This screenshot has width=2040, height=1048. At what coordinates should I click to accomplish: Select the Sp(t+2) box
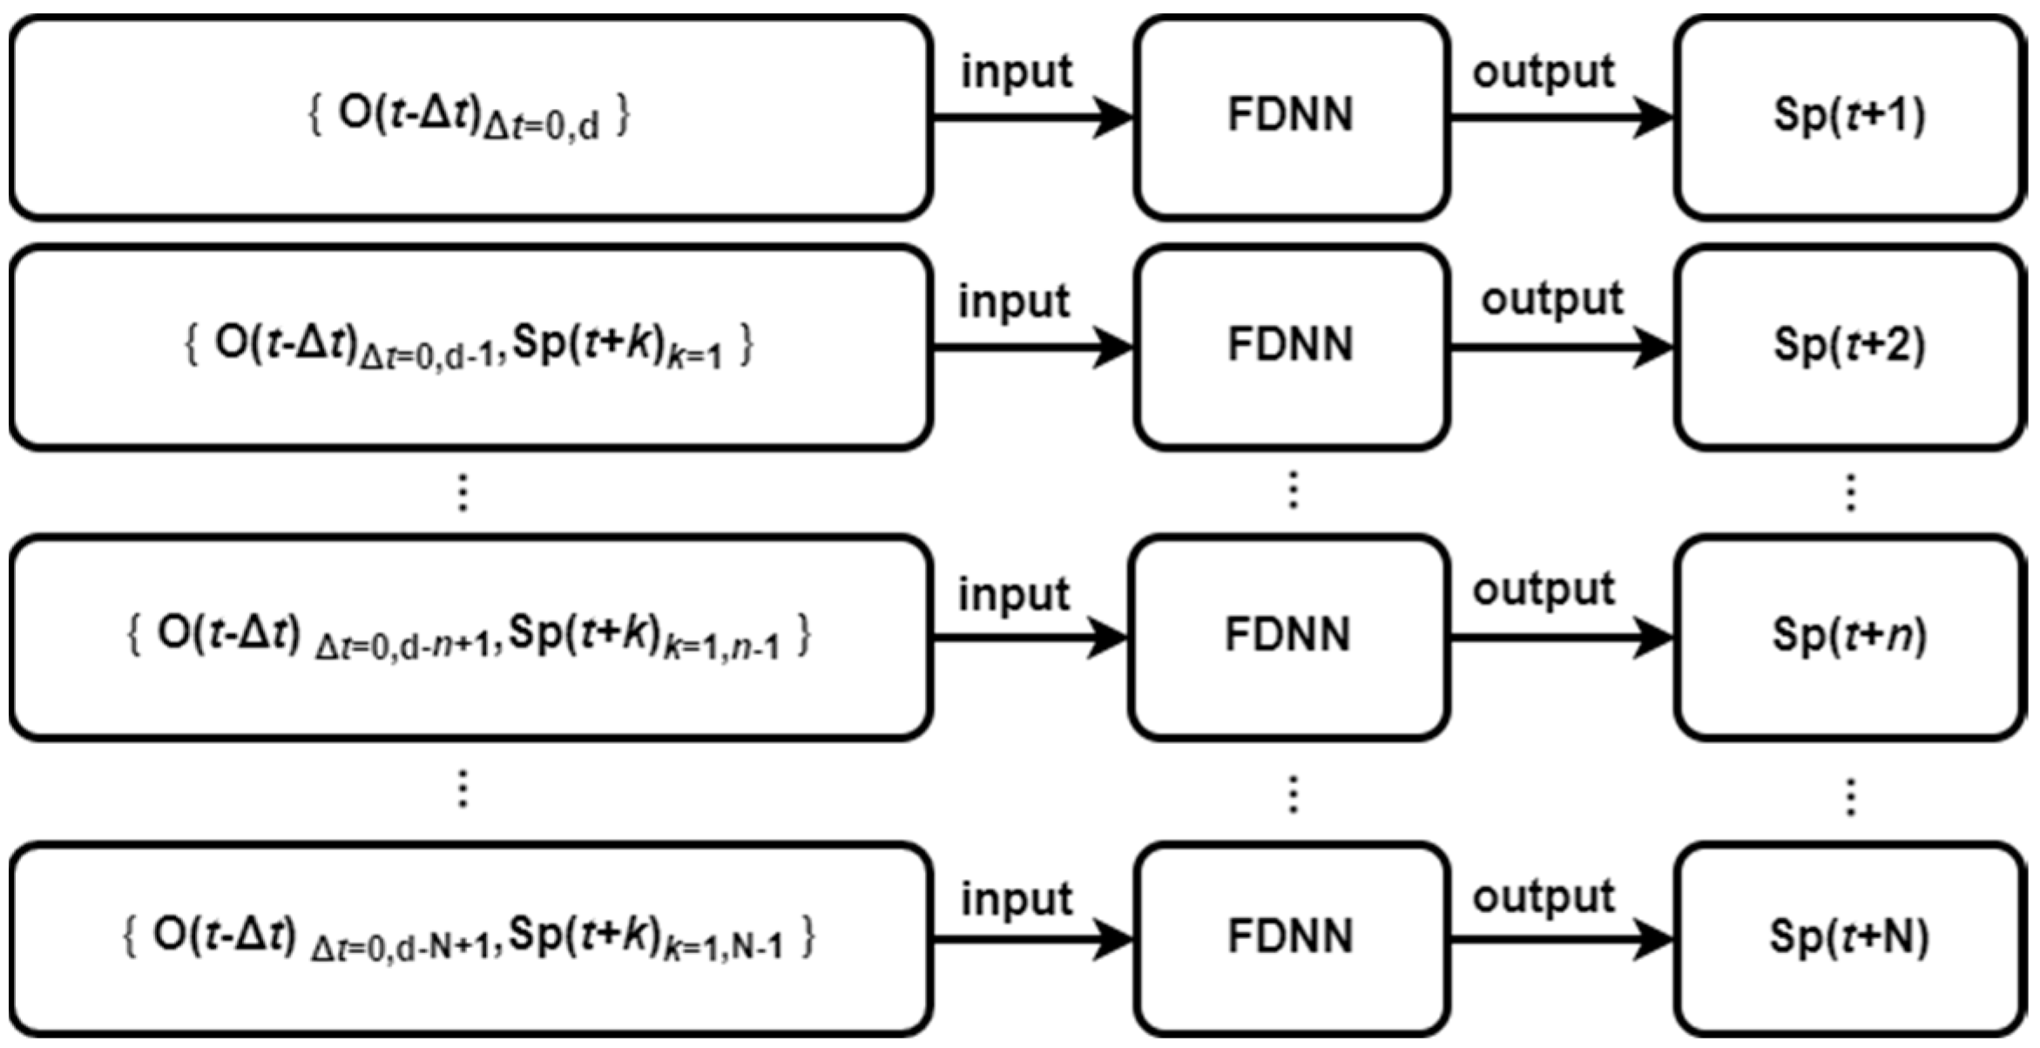(x=1848, y=346)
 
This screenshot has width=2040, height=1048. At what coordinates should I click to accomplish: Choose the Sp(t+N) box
(x=1848, y=939)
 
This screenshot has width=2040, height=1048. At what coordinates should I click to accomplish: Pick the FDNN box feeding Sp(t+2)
(x=1291, y=346)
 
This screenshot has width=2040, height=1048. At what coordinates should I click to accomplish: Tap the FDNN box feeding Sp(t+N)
(x=1291, y=939)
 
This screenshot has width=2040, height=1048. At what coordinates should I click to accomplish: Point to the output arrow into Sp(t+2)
(x=1559, y=348)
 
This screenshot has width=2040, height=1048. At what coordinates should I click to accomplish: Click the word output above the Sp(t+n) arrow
(x=1544, y=590)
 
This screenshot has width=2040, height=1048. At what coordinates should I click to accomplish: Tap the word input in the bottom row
(x=1017, y=899)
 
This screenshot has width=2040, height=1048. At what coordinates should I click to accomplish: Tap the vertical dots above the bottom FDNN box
(x=1294, y=794)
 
